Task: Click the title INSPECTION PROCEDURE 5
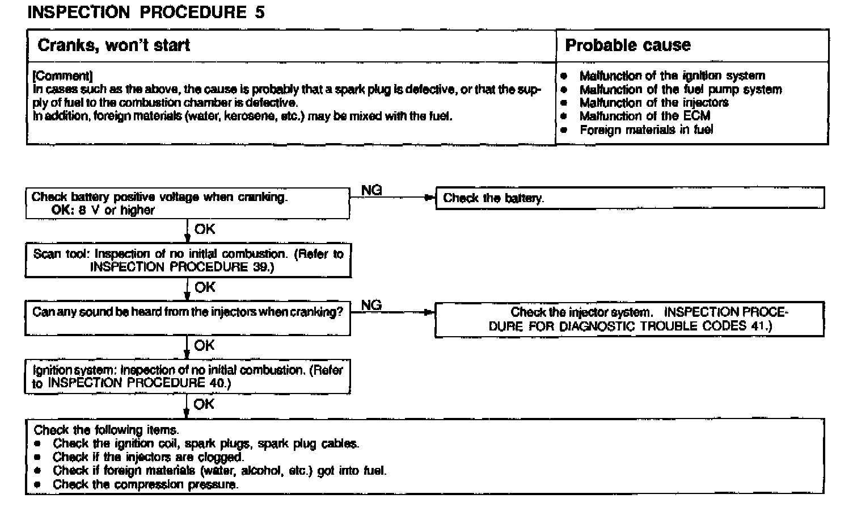(x=146, y=12)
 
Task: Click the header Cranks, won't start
(x=113, y=45)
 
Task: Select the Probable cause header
(x=628, y=45)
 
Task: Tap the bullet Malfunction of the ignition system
(x=672, y=76)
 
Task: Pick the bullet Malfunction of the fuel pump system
(x=680, y=89)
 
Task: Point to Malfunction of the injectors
(x=653, y=103)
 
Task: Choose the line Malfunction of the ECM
(x=644, y=116)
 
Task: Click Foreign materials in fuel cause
(x=646, y=130)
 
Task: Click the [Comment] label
(x=62, y=76)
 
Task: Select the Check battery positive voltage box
(x=187, y=204)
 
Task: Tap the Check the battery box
(x=630, y=198)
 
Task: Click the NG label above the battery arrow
(x=371, y=191)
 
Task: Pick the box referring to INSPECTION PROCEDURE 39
(x=188, y=261)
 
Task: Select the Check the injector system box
(x=630, y=319)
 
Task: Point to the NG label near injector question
(x=371, y=305)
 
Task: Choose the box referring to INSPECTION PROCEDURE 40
(x=188, y=376)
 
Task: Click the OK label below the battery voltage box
(x=205, y=229)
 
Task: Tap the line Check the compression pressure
(x=146, y=484)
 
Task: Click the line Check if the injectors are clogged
(x=148, y=457)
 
